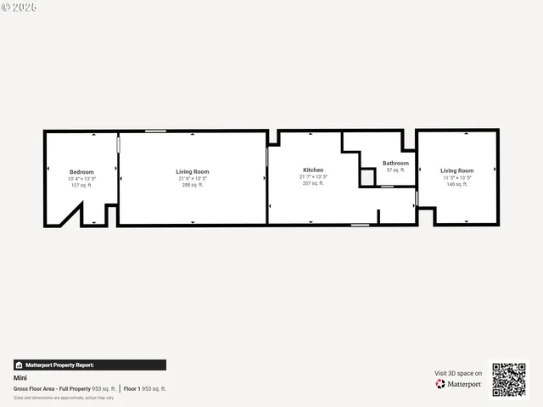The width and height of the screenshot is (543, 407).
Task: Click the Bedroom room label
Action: click(x=81, y=172)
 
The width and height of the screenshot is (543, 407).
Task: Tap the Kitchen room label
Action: click(x=313, y=170)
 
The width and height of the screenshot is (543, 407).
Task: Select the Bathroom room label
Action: click(x=395, y=163)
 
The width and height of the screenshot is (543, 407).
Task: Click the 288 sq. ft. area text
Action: click(x=192, y=185)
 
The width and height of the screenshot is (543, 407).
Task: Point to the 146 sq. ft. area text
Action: click(x=457, y=184)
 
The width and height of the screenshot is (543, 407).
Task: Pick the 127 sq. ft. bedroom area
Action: click(x=81, y=185)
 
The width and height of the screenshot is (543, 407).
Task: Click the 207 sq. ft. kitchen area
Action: click(x=313, y=183)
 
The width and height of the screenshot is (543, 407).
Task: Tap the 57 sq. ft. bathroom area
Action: click(x=395, y=170)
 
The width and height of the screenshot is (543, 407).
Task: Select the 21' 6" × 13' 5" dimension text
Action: click(x=192, y=178)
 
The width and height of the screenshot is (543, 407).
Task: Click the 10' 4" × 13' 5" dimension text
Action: click(x=81, y=179)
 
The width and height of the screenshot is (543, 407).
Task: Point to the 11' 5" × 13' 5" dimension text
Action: click(x=457, y=177)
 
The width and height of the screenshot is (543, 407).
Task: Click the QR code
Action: click(x=509, y=380)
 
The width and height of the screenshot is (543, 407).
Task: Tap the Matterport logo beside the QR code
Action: click(x=459, y=384)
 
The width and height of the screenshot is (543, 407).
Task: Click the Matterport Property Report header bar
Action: click(x=89, y=365)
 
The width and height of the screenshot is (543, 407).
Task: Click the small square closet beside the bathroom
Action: click(x=367, y=177)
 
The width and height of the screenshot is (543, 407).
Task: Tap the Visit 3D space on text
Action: click(x=458, y=373)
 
